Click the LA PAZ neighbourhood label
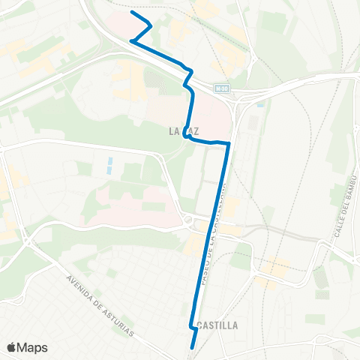[184, 131]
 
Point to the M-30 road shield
[220, 88]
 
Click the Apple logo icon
[12, 347]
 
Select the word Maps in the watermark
[34, 347]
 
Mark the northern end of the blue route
[132, 12]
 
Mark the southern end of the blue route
[193, 348]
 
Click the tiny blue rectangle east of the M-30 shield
[259, 101]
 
